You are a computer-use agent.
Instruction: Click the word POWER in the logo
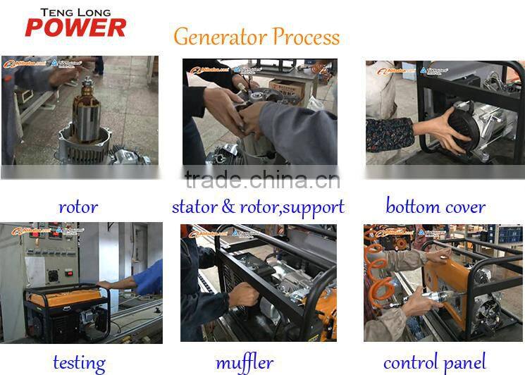(x=75, y=27)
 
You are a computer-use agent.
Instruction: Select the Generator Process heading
(x=257, y=37)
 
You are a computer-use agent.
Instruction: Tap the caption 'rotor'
(x=78, y=207)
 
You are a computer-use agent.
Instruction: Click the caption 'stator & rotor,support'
(x=258, y=207)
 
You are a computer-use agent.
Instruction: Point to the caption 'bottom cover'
(x=435, y=207)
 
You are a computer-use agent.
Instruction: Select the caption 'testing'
(x=79, y=362)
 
